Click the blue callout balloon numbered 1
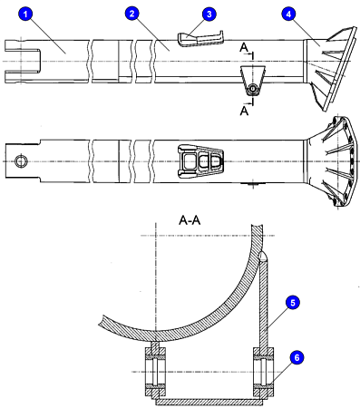point(28,15)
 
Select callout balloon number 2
point(132,15)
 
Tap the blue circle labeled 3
point(209,15)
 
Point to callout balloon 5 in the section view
point(293,301)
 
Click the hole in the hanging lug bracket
point(253,90)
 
